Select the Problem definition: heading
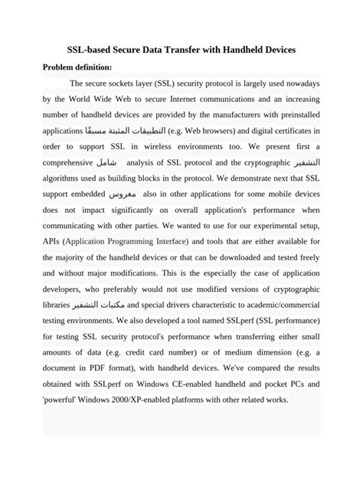click(77, 67)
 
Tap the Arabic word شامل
click(107, 163)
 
